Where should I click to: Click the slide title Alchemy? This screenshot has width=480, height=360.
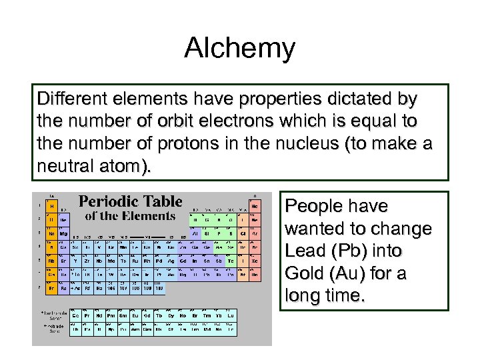point(239,49)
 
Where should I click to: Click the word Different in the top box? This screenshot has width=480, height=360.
point(68,100)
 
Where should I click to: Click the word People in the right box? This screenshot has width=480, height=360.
point(313,206)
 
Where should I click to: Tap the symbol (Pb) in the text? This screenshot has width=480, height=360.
point(347,251)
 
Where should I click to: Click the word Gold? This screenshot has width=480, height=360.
point(304,274)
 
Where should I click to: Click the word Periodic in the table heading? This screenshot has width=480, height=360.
point(105,201)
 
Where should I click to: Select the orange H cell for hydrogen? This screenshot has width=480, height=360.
point(51,207)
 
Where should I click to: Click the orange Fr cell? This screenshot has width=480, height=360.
point(51,288)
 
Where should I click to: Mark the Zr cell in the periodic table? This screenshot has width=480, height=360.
point(87,261)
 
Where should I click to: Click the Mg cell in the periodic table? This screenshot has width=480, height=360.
point(63,234)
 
